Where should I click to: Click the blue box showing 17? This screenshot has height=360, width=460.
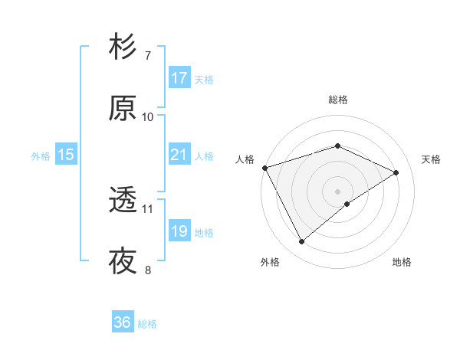pos(179,77)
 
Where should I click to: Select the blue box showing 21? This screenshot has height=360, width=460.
pos(179,155)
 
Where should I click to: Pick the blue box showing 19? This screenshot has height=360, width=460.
pos(179,231)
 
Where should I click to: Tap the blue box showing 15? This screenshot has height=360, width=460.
pos(66,155)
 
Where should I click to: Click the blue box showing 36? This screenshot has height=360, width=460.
pos(123,322)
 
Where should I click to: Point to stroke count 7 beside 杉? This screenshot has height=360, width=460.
pos(147,56)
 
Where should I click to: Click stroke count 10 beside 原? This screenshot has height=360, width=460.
pos(148,116)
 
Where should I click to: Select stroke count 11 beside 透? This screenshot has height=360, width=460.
pos(148,208)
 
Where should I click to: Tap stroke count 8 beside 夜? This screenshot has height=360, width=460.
pos(147,270)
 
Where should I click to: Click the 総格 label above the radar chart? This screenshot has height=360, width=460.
pos(337,100)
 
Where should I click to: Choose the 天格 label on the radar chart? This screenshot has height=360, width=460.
pos(432,159)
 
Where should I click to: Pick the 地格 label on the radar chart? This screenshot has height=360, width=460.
pos(402,262)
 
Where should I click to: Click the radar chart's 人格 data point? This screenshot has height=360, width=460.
pos(264,167)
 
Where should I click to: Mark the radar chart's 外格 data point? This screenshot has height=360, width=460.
pos(301,242)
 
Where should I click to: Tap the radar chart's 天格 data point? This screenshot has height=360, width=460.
pos(396,172)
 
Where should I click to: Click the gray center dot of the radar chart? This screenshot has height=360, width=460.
pos(337,191)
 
